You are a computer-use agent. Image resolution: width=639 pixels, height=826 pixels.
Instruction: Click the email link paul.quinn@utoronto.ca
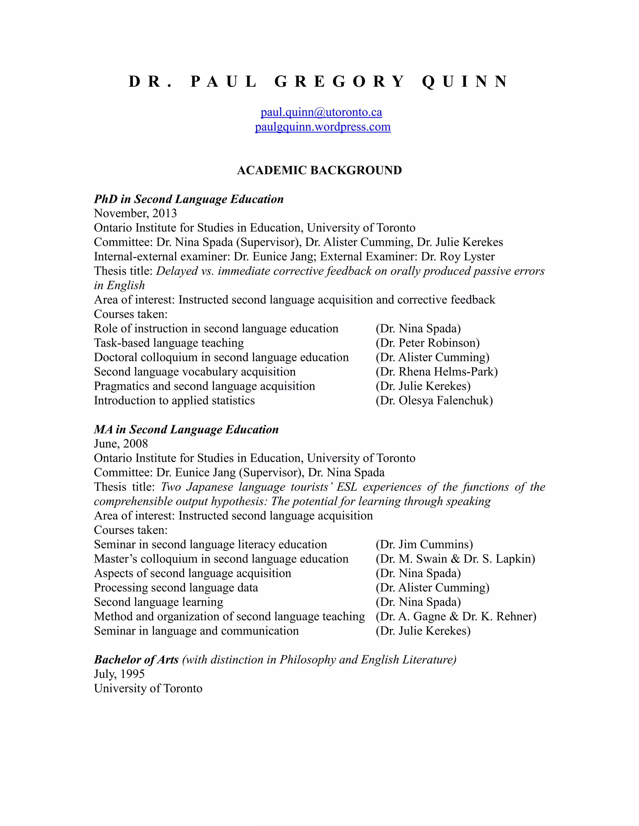(321, 112)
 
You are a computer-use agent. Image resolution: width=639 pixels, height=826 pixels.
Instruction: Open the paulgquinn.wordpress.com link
(323, 127)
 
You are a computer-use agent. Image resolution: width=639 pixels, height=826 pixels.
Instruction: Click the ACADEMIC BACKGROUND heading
(319, 170)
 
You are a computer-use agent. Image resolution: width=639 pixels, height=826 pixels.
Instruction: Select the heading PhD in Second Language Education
(188, 199)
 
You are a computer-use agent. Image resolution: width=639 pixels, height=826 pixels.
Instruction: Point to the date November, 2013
(135, 213)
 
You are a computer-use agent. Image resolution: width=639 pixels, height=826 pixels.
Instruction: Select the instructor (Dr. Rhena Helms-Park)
(437, 372)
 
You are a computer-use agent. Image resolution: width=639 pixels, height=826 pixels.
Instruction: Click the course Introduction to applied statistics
(174, 400)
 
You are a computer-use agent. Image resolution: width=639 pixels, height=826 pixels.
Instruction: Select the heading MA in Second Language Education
(186, 429)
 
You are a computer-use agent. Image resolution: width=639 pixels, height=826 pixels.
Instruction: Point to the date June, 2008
(121, 444)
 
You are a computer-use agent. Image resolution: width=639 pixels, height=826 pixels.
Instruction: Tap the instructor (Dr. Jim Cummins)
(424, 544)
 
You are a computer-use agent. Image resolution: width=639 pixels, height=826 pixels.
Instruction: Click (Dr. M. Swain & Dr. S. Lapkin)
(455, 559)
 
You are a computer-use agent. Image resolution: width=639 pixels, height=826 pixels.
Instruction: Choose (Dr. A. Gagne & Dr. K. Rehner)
(456, 616)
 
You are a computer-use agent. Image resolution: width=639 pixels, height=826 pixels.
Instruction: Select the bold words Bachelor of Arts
(136, 659)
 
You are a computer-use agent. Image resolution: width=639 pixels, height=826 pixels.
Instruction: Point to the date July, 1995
(119, 674)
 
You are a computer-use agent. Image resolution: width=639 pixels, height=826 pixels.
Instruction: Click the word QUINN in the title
(465, 82)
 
